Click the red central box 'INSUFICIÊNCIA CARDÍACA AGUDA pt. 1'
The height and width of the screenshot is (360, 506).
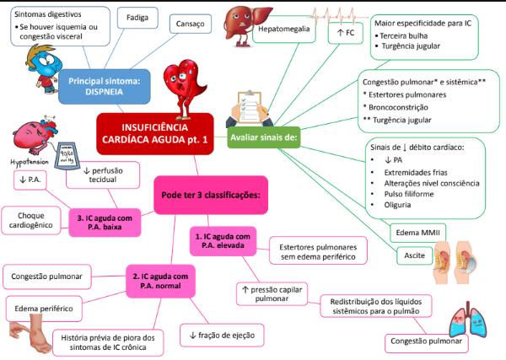[x=155, y=133]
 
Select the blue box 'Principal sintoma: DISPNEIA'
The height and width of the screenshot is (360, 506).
[x=105, y=87]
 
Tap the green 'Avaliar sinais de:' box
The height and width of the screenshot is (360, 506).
[x=264, y=137]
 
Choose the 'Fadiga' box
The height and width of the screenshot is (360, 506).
[x=137, y=18]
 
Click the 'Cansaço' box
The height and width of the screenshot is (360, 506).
[x=191, y=24]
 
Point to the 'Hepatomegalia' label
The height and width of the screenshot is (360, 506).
[x=283, y=29]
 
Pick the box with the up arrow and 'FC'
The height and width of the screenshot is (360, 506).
[x=345, y=33]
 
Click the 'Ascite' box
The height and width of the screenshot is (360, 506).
[x=414, y=255]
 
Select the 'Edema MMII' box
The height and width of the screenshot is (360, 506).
[x=418, y=233]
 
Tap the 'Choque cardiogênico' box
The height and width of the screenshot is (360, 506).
[x=31, y=220]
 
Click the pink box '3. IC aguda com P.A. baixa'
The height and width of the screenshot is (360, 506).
[x=105, y=223]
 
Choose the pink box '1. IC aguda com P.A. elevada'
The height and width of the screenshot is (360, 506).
[x=223, y=241]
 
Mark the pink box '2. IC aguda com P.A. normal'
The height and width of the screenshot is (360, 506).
[x=160, y=281]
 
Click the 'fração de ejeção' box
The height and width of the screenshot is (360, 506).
[x=222, y=336]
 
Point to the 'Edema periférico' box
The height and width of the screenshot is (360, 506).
[x=44, y=309]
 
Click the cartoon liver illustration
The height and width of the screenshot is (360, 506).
[x=244, y=24]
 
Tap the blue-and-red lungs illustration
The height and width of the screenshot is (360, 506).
[x=468, y=319]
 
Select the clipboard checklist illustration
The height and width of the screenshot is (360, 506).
[x=249, y=109]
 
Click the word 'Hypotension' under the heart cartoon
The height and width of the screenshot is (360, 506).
[x=30, y=162]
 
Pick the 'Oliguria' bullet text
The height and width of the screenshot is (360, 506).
[x=397, y=205]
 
